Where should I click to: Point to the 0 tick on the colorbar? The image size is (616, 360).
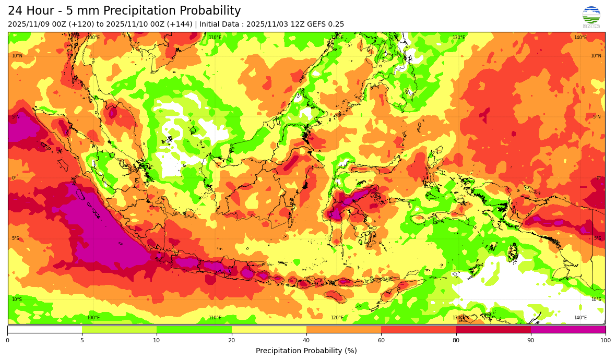click(7, 340)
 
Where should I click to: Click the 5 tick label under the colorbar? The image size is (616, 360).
click(82, 340)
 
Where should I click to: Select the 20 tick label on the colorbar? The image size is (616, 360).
click(231, 340)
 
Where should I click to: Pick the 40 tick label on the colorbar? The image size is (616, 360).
click(306, 340)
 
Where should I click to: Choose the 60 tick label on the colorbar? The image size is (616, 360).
click(381, 340)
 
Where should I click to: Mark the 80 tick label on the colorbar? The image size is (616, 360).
click(456, 340)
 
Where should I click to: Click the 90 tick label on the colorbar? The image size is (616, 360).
click(531, 340)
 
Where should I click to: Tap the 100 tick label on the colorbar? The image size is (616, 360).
click(605, 340)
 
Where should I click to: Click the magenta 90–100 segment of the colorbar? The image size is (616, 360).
click(568, 329)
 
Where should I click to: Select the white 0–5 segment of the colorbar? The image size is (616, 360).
click(45, 329)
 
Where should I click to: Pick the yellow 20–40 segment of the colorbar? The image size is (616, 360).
click(269, 329)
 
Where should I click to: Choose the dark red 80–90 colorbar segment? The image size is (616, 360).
click(493, 329)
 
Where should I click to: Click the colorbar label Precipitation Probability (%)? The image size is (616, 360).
click(306, 351)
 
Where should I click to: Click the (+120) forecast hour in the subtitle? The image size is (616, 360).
click(80, 25)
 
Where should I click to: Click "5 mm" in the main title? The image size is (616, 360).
click(79, 11)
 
